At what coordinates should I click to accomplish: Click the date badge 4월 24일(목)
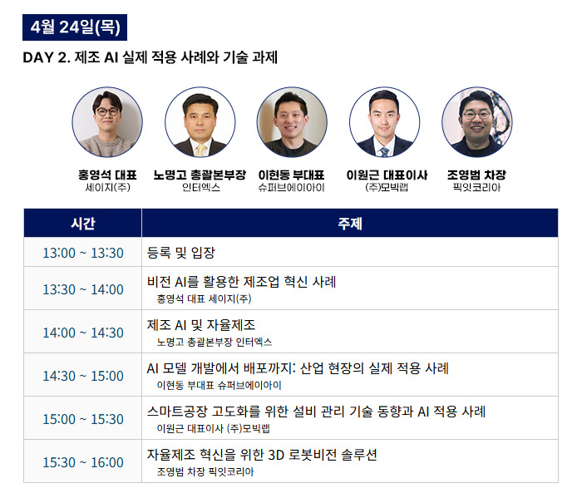point(75,27)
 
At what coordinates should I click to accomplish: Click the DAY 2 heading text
point(150,57)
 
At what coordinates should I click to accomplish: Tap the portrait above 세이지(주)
point(107,122)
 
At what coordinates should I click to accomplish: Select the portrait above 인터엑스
point(200,122)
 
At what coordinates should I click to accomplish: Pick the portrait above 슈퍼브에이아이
point(292,122)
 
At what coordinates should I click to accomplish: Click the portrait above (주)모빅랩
point(384,122)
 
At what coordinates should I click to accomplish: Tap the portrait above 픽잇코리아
point(477,122)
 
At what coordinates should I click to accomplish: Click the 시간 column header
point(83,223)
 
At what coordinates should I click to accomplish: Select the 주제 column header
point(350,223)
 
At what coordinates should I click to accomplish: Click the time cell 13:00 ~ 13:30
point(83,253)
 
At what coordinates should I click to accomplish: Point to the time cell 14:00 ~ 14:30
point(83,333)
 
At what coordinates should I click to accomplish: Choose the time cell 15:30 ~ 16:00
point(83,462)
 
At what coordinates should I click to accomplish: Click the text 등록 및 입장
point(180,253)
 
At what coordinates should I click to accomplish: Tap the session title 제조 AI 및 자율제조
point(201,325)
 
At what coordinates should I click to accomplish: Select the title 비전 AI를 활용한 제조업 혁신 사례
point(242,282)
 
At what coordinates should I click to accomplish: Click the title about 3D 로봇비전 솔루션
point(262,455)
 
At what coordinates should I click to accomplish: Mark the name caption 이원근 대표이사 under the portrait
point(387,175)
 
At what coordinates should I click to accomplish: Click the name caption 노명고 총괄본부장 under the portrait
point(200,175)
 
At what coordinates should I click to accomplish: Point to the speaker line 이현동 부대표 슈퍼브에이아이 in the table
point(219,385)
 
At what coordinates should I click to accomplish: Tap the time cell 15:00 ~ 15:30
point(83,419)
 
